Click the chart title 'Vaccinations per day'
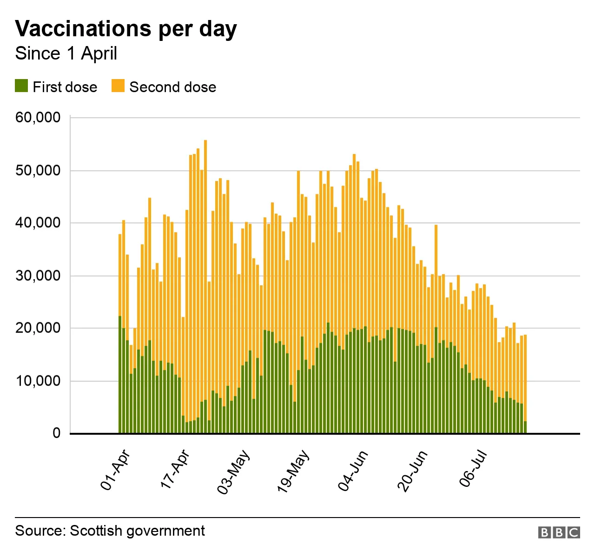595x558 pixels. click(126, 29)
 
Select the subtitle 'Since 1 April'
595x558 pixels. click(66, 53)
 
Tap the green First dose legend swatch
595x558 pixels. click(21, 86)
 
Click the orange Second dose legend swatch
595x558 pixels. click(118, 86)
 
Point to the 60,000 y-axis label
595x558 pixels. click(38, 117)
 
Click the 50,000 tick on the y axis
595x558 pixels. click(38, 170)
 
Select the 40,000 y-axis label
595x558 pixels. click(38, 223)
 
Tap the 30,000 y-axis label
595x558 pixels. click(38, 276)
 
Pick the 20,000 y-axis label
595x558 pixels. click(38, 328)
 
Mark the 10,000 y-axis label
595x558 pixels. click(38, 381)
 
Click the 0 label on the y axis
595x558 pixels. click(56, 433)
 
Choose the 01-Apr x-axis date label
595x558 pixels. click(115, 470)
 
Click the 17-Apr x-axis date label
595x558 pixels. click(175, 469)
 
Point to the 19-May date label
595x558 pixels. click(293, 471)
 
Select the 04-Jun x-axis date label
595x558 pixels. click(353, 471)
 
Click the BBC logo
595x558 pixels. click(559, 532)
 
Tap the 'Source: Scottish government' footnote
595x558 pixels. click(110, 531)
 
